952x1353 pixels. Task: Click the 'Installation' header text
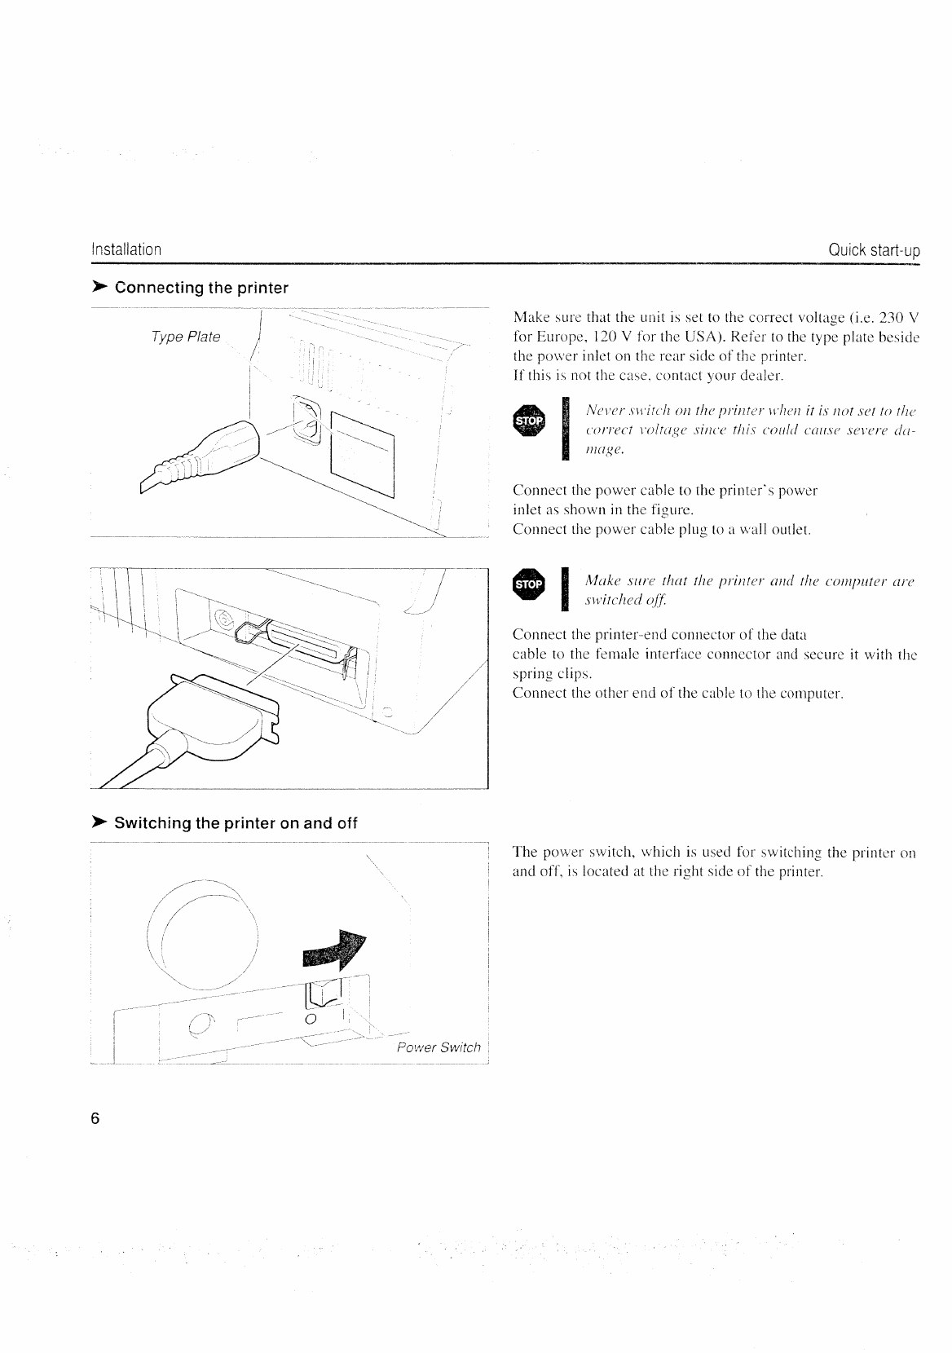[126, 249]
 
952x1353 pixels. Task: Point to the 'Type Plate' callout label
[186, 337]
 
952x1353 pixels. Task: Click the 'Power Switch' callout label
[439, 1047]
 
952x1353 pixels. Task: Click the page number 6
[95, 1118]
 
